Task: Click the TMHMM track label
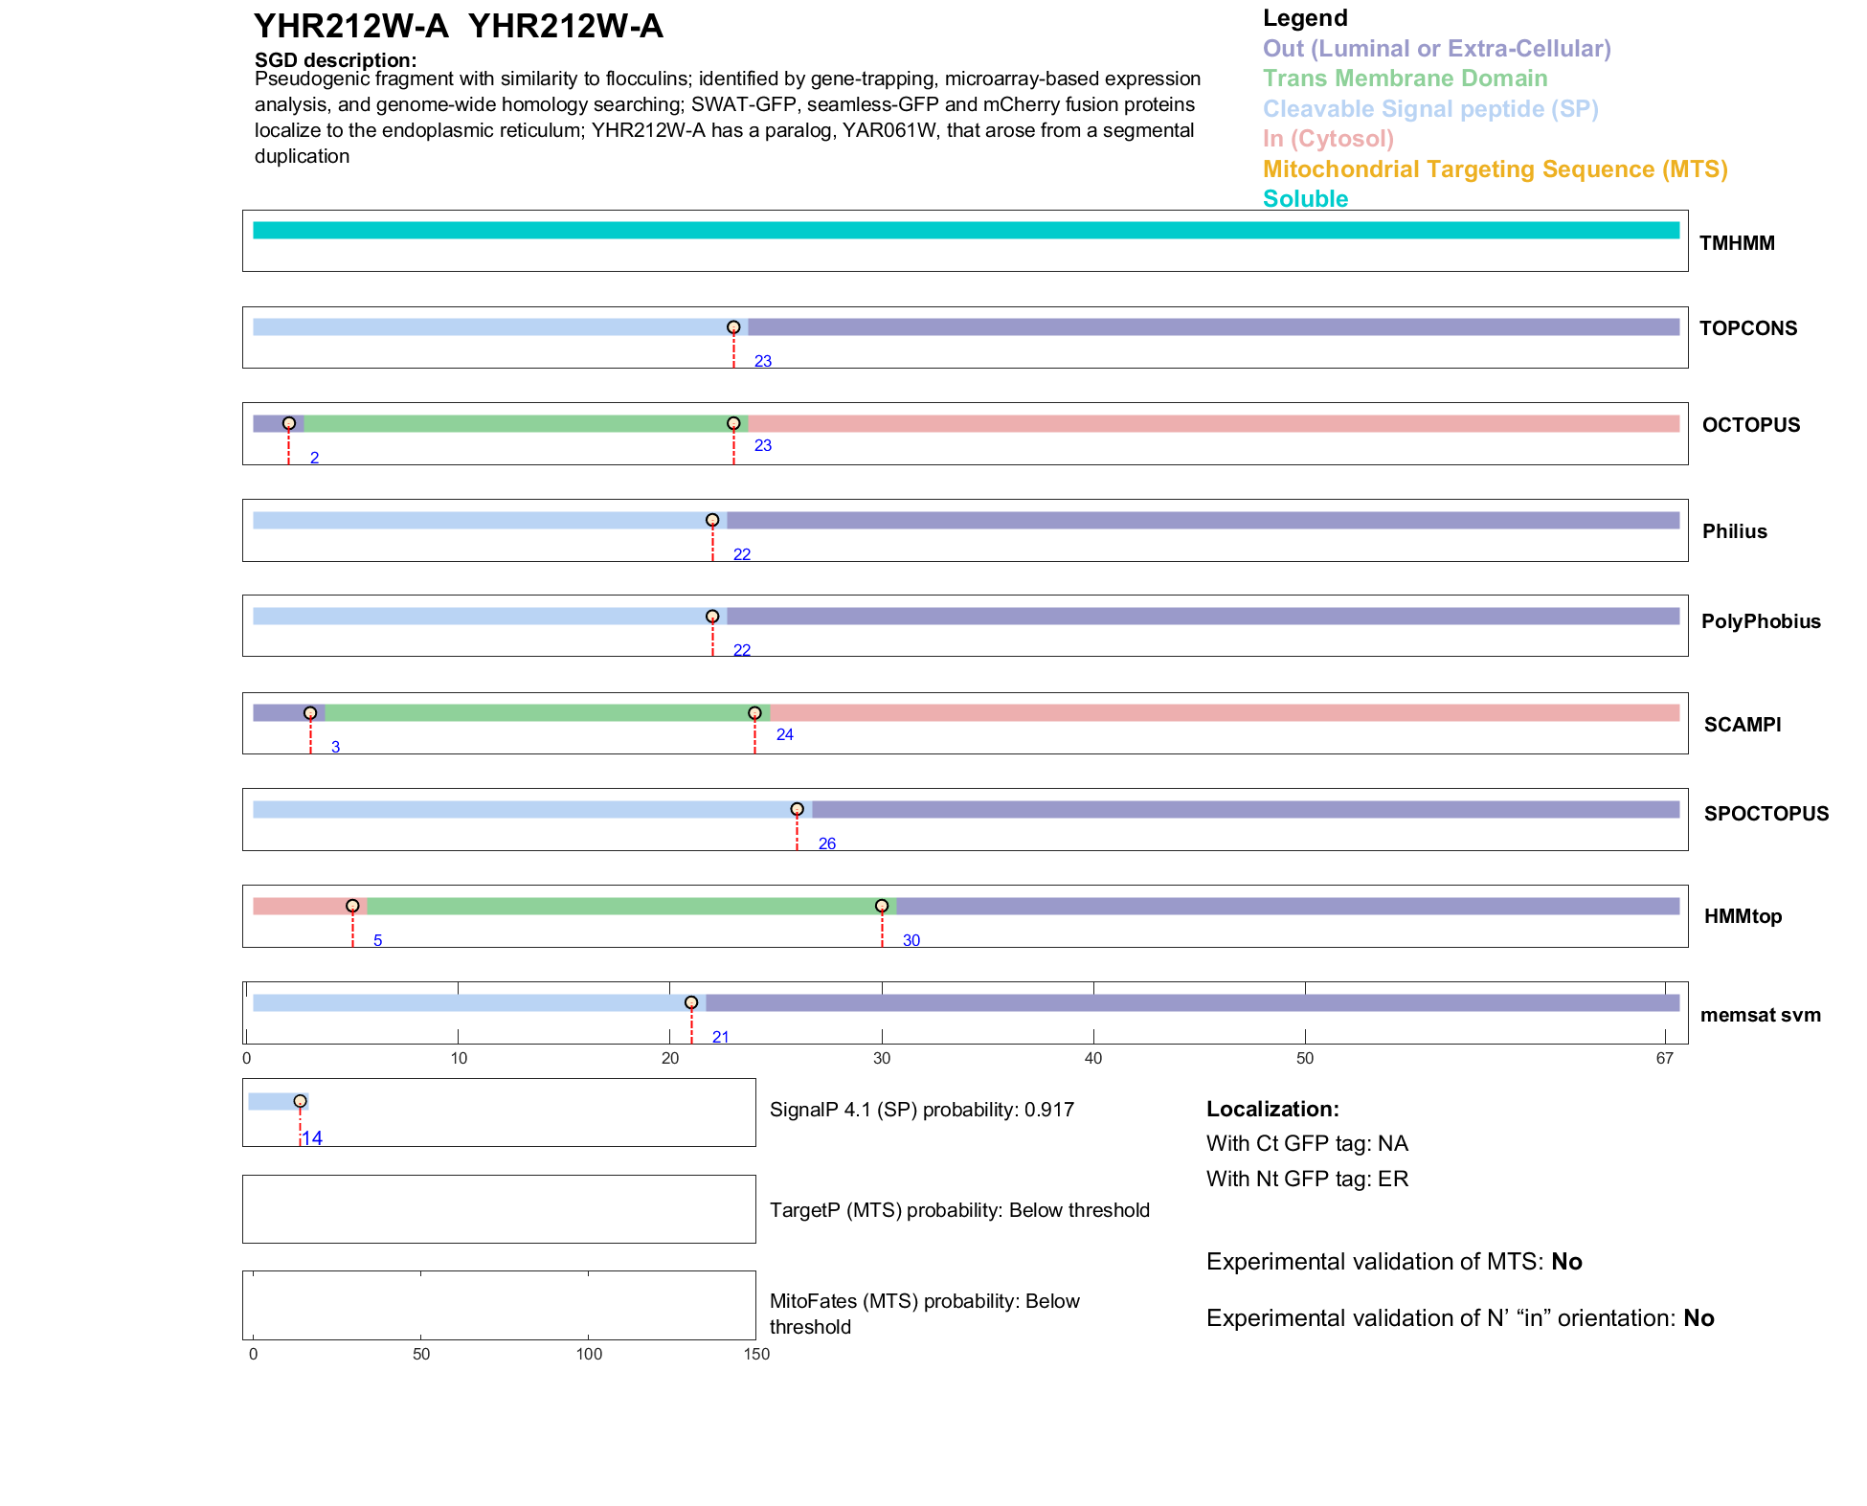pyautogui.click(x=1736, y=243)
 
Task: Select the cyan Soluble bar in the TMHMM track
pyautogui.click(x=965, y=231)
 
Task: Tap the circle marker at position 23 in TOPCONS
pyautogui.click(x=733, y=327)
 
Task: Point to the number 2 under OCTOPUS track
pyautogui.click(x=314, y=459)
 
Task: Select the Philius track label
pyautogui.click(x=1734, y=531)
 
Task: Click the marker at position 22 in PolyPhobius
pyautogui.click(x=712, y=617)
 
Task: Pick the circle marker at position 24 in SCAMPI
pyautogui.click(x=754, y=713)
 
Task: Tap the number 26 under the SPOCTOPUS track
pyautogui.click(x=826, y=843)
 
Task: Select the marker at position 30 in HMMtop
pyautogui.click(x=882, y=906)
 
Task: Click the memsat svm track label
pyautogui.click(x=1760, y=1015)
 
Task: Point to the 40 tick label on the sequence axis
pyautogui.click(x=1092, y=1058)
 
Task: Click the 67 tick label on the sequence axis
pyautogui.click(x=1664, y=1058)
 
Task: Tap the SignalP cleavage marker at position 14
pyautogui.click(x=300, y=1102)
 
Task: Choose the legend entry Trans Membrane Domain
pyautogui.click(x=1405, y=79)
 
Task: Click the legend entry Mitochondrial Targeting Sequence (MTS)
pyautogui.click(x=1495, y=169)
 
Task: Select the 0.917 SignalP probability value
pyautogui.click(x=1048, y=1110)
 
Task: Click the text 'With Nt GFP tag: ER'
pyautogui.click(x=1307, y=1179)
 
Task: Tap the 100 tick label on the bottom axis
pyautogui.click(x=589, y=1354)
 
